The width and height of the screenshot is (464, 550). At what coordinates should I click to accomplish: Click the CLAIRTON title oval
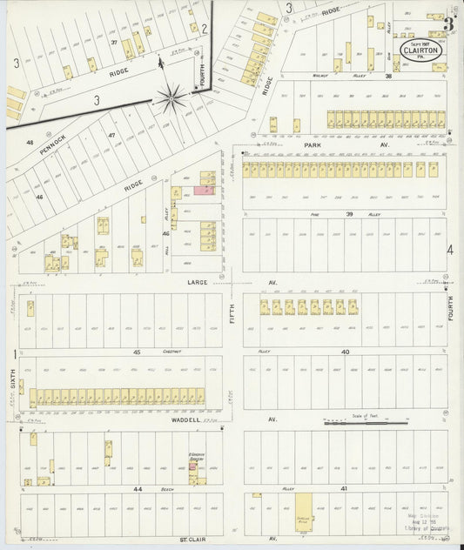click(x=420, y=51)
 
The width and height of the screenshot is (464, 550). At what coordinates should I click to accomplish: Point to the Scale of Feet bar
click(x=366, y=424)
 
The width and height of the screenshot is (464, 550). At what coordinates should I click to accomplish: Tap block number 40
click(x=345, y=351)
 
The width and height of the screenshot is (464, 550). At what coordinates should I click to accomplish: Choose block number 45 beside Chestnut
click(x=137, y=351)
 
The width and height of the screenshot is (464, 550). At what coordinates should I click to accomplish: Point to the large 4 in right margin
click(x=450, y=251)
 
